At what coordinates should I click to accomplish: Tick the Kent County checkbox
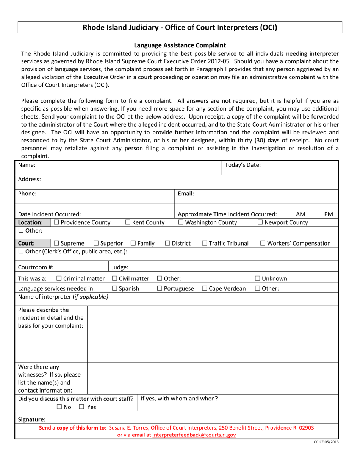[128, 222]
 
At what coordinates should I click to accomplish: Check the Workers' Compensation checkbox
[263, 243]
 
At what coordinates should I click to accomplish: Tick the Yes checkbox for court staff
[82, 407]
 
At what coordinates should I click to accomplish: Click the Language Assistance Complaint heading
[180, 45]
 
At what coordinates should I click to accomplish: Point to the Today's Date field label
[243, 165]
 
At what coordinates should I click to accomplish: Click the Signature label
[32, 419]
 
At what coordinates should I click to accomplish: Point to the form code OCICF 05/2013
[326, 442]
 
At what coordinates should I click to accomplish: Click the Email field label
[186, 194]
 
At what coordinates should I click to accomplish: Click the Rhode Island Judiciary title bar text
[180, 27]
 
